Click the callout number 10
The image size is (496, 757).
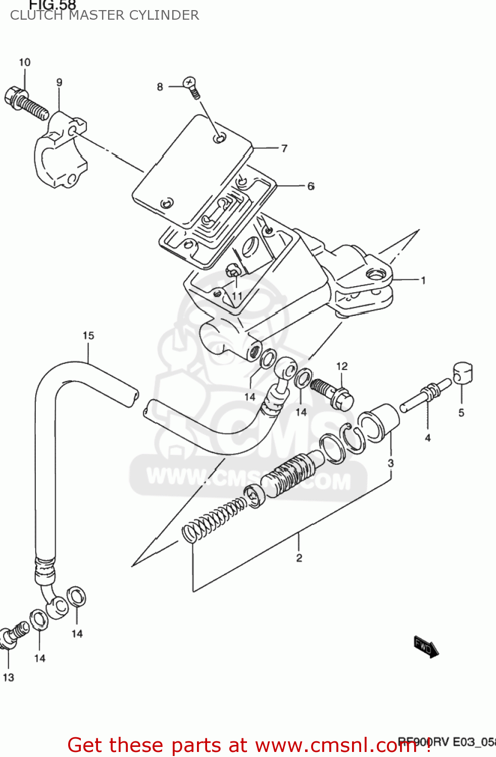[x=25, y=63]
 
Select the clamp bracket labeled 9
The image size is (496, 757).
[x=59, y=151]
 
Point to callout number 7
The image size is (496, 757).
[x=284, y=148]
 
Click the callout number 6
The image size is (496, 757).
[x=311, y=187]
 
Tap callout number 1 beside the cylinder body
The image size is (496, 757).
[x=423, y=281]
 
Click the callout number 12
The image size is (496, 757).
[x=342, y=366]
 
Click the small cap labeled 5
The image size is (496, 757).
[x=462, y=373]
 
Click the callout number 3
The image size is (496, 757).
[x=390, y=463]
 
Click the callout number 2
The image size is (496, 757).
[x=299, y=558]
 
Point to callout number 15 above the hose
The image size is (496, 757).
[x=88, y=336]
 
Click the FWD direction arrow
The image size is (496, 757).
[x=426, y=646]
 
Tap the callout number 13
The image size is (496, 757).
[x=9, y=678]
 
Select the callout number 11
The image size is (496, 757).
[x=237, y=296]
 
